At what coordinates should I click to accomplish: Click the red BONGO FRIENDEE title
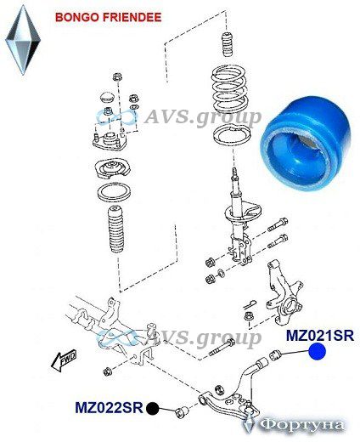109,17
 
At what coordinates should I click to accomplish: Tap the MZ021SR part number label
320,336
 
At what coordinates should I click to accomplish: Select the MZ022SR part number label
110,408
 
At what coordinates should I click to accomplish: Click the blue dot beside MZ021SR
318,351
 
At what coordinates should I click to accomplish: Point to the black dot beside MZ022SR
153,408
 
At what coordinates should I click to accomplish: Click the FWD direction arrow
64,360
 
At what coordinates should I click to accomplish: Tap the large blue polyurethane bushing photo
306,144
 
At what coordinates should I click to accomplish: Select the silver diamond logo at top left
23,40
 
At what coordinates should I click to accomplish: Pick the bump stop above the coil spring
228,45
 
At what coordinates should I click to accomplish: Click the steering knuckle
284,296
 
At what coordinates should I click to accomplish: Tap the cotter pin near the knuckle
250,304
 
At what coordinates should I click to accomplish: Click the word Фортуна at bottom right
301,425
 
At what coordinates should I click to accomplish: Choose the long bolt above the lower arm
222,348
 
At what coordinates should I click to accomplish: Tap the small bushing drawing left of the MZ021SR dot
275,355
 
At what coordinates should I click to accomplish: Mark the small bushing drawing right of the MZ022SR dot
182,412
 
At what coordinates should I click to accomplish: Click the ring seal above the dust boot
114,192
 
